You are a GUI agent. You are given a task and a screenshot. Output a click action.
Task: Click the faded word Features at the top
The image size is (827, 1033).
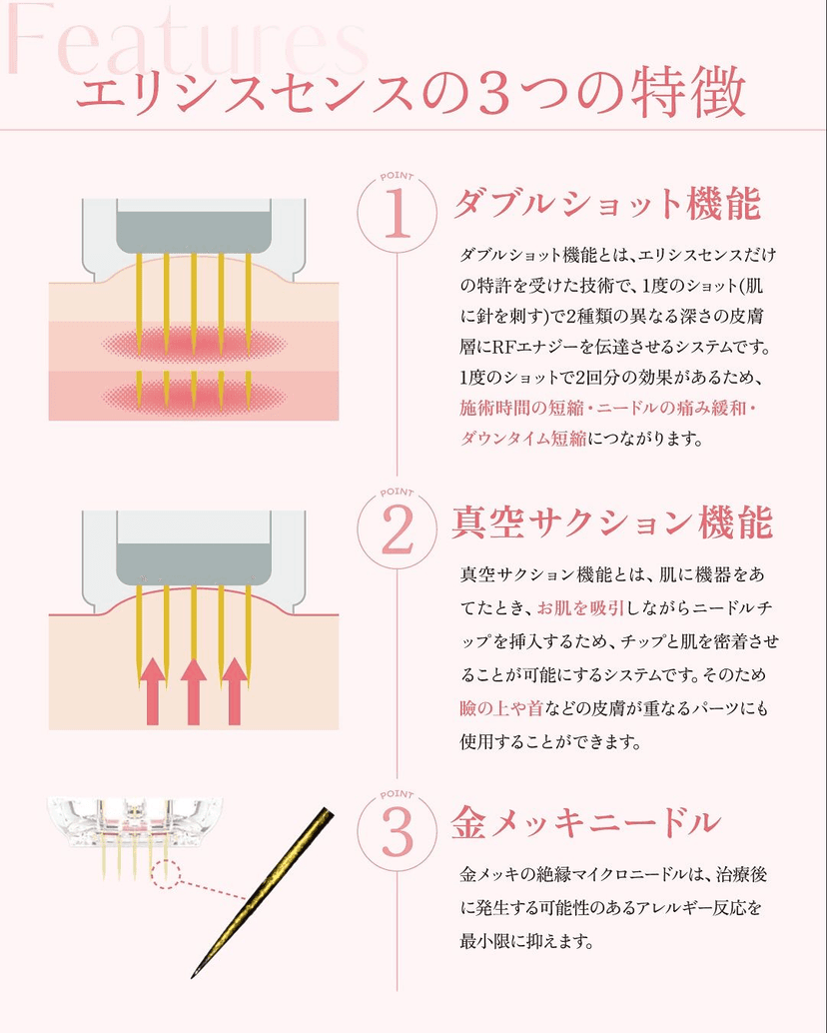(x=187, y=38)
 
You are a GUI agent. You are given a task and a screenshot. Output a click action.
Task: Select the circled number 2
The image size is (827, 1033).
(x=397, y=528)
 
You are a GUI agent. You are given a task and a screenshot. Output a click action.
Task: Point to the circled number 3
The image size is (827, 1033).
(x=397, y=831)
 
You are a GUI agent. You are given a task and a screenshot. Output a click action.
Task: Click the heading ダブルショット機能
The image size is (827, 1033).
(x=607, y=203)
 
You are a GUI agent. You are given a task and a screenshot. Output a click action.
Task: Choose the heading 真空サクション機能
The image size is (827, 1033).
(x=611, y=522)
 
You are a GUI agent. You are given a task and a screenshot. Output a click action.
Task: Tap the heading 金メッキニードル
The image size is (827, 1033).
(x=585, y=823)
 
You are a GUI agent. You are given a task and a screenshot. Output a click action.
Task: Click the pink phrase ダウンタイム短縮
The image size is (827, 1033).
(x=523, y=439)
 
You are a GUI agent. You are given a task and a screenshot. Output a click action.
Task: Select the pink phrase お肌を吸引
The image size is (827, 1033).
(x=580, y=607)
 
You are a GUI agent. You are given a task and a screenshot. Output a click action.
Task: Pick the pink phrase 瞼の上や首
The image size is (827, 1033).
(x=501, y=708)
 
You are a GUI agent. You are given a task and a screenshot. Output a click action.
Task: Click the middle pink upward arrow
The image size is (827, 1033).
(x=194, y=690)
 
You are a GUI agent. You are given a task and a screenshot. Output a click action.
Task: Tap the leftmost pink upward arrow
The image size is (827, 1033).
(x=153, y=690)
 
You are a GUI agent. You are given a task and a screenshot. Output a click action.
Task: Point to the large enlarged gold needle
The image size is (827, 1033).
(x=262, y=892)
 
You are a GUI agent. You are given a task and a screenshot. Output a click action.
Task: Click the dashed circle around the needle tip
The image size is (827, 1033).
(x=166, y=875)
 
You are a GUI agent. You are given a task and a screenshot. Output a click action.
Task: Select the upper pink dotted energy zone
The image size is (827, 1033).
(x=194, y=344)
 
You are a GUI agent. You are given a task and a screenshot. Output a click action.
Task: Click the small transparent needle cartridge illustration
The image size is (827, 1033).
(x=134, y=832)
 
